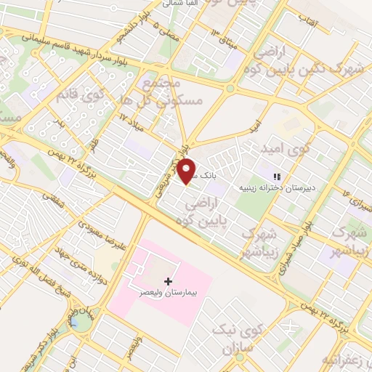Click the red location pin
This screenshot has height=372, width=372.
187,171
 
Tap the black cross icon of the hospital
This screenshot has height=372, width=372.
169,280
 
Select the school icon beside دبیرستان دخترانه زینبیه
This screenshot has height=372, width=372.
276,177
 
